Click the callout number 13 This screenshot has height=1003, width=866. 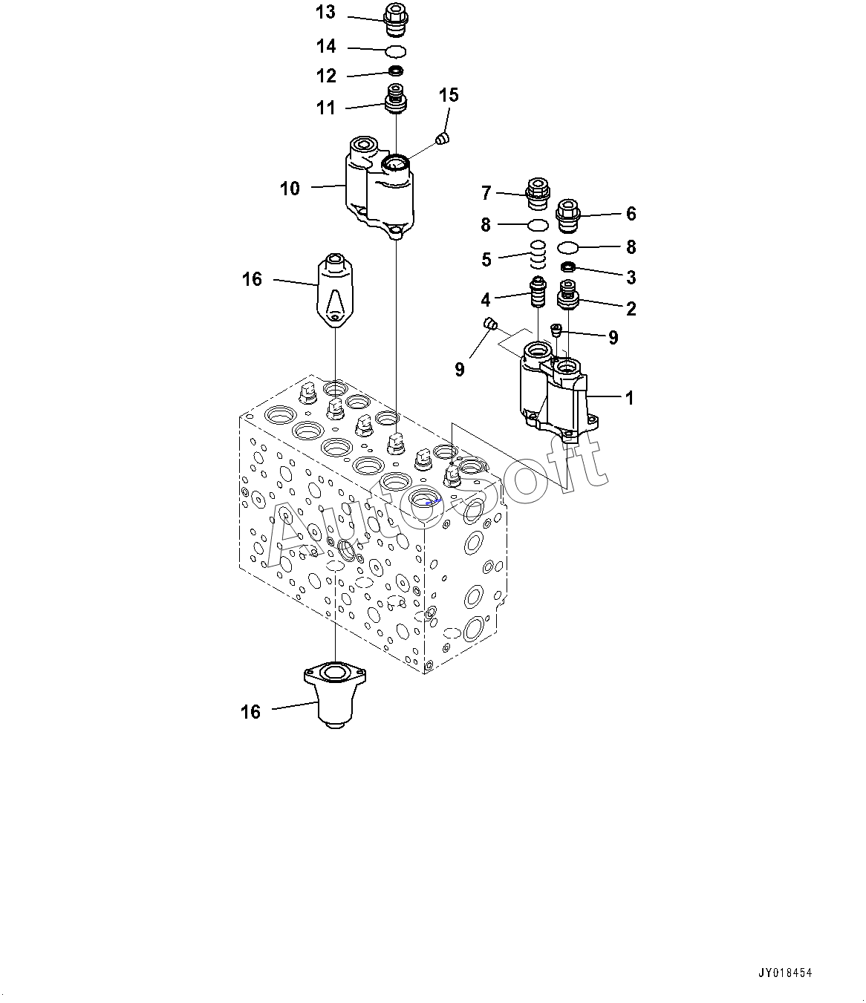[x=325, y=13]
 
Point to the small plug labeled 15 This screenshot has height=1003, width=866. [x=443, y=139]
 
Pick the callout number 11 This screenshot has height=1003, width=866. [x=325, y=108]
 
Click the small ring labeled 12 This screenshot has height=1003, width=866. [x=397, y=71]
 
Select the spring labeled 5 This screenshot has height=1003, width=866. [x=538, y=255]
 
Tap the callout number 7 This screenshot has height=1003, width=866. [x=486, y=194]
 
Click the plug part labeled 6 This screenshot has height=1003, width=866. [x=568, y=212]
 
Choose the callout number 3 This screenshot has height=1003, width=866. [x=631, y=278]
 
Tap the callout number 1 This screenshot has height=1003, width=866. [x=630, y=398]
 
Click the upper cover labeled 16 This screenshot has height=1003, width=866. [x=335, y=290]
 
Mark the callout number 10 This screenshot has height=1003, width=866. [x=290, y=189]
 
